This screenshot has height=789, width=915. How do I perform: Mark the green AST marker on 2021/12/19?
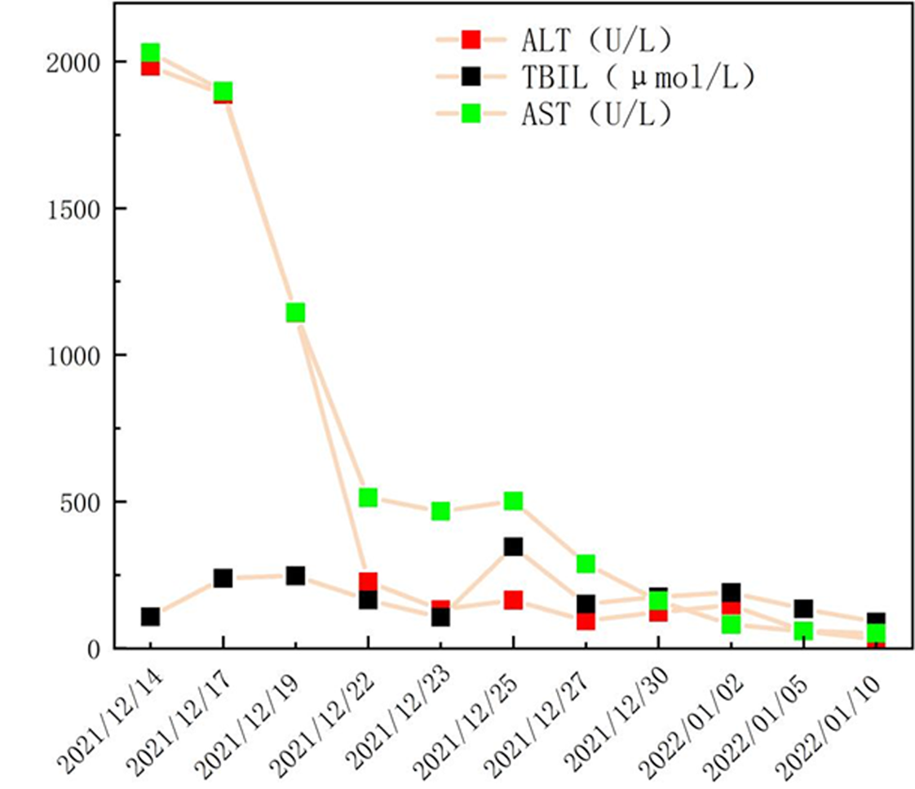(x=295, y=312)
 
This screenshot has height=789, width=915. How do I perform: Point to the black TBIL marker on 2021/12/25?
(x=513, y=547)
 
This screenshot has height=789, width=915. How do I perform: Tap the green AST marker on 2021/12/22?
(x=368, y=497)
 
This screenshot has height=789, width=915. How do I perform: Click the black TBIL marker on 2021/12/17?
(x=223, y=578)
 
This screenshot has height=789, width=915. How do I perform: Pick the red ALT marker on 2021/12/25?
(x=513, y=600)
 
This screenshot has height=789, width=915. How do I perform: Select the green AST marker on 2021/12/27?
(x=586, y=564)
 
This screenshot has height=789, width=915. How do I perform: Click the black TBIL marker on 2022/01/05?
(x=803, y=609)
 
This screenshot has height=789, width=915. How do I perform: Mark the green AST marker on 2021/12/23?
(x=440, y=511)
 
